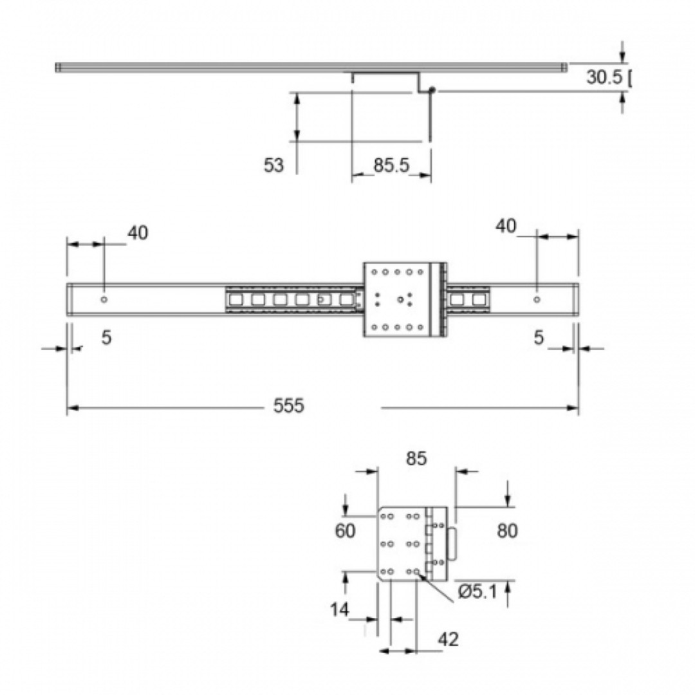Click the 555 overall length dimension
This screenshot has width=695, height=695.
[288, 405]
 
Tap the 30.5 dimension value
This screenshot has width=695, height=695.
[604, 77]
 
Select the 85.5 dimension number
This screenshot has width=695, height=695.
[391, 165]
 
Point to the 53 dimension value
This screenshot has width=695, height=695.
[273, 165]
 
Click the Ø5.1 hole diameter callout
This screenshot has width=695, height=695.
[477, 592]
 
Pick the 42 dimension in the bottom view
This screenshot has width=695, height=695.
[448, 639]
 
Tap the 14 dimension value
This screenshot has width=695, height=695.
[340, 610]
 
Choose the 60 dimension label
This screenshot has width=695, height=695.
[345, 530]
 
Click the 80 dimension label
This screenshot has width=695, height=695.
[507, 530]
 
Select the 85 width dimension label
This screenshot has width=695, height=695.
[416, 459]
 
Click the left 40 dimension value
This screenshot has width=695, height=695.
[138, 233]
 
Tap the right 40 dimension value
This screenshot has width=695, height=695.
[506, 226]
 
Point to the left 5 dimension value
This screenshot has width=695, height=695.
[106, 338]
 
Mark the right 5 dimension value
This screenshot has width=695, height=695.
[539, 338]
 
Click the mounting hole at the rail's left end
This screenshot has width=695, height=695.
[104, 300]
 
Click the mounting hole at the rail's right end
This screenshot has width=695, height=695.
[537, 300]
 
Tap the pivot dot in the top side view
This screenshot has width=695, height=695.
[432, 90]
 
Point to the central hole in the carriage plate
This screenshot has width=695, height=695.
[400, 300]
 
